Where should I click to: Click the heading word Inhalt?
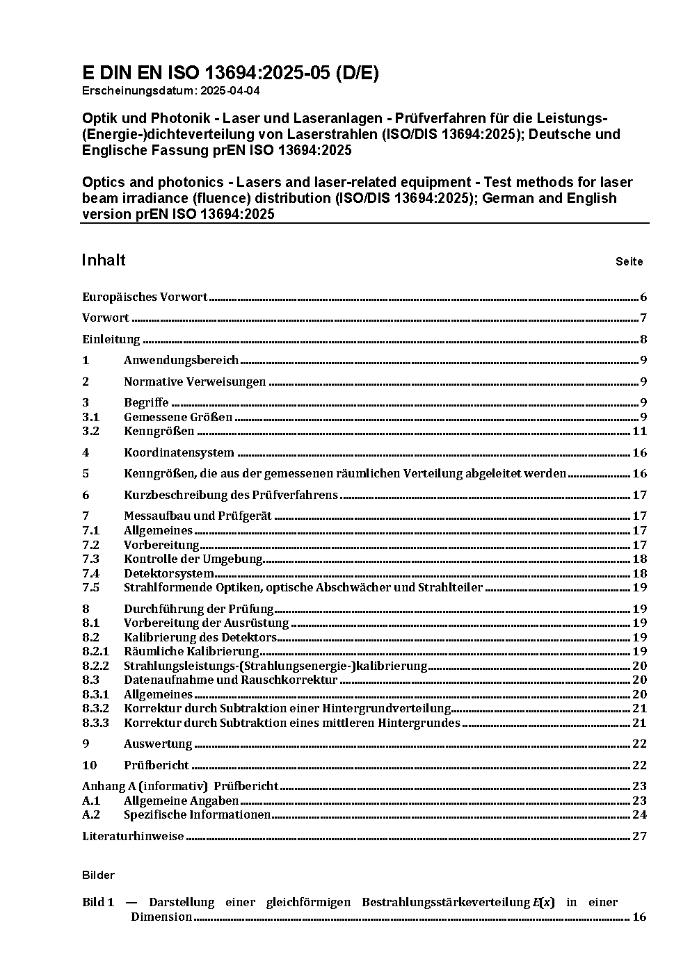click(104, 260)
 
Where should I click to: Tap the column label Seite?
click(629, 262)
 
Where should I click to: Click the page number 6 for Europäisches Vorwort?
click(643, 297)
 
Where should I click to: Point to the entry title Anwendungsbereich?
click(181, 360)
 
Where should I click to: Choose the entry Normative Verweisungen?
click(195, 382)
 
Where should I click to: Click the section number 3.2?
click(91, 431)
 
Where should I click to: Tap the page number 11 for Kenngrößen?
click(640, 431)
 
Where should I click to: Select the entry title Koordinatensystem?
click(179, 452)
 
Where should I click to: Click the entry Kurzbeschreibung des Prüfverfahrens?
click(231, 495)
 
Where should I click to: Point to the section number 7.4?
click(91, 573)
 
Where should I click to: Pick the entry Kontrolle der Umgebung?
click(193, 559)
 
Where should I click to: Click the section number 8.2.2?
click(95, 666)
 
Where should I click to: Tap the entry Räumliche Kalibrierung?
click(191, 651)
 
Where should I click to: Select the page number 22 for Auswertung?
click(640, 744)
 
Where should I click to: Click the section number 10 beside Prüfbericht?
click(89, 765)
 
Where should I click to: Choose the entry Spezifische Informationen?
click(197, 814)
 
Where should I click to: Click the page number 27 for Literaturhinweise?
click(640, 836)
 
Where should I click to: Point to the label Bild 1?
click(98, 902)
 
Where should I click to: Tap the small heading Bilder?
click(98, 875)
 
